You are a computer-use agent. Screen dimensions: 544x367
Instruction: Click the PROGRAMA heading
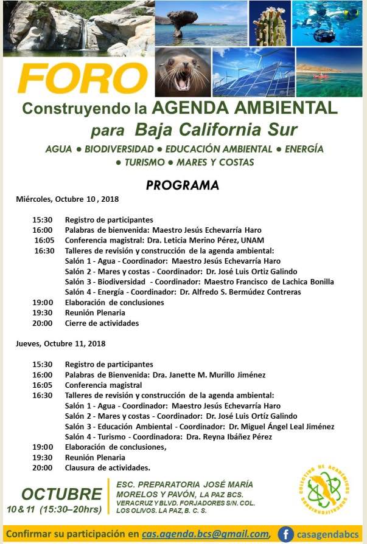tap(183, 185)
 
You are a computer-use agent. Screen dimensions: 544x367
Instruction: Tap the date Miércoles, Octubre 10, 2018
tap(67, 199)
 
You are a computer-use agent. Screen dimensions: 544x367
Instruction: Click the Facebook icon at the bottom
tap(285, 534)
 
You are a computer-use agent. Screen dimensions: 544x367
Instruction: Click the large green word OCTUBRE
tap(62, 494)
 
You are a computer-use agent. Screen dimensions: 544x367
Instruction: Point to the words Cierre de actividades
tap(102, 323)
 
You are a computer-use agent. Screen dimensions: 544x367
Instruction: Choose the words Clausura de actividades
tap(107, 467)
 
